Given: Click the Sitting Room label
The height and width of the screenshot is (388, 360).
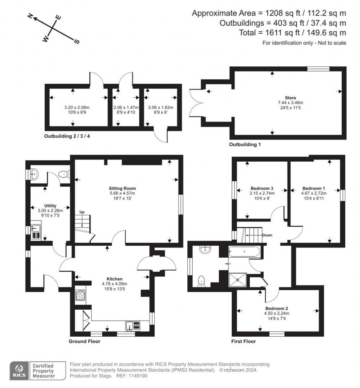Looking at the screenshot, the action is pos(122,188).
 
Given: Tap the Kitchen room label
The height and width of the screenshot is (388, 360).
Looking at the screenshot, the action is pos(114,279).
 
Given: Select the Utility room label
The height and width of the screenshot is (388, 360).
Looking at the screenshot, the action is pos(50,206).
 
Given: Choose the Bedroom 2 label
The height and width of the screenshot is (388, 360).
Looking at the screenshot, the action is pos(277,308).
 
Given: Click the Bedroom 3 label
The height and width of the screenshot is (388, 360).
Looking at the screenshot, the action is pos(262,188).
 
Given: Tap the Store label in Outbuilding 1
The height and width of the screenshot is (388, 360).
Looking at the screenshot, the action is pos(290,98).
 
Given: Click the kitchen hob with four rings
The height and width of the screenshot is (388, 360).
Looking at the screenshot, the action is pos(80,295).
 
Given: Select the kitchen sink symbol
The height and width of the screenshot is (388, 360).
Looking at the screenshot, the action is pos(133,326).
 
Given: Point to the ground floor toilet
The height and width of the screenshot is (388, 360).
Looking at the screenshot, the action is pos(64,174).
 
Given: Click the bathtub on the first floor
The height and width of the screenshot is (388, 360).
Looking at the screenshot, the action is pos(244,252).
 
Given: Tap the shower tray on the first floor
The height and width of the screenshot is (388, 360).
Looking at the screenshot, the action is pos(238,280).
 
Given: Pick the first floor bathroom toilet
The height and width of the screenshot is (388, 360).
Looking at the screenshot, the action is pos(202,282).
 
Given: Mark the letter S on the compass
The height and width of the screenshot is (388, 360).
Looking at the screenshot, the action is pos(77,41).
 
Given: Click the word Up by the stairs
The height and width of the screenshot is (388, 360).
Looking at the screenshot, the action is pos(82,212).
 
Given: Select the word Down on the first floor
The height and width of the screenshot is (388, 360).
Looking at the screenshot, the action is pos(267,235).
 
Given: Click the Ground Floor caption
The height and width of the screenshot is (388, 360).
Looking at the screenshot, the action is pos(84,341).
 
